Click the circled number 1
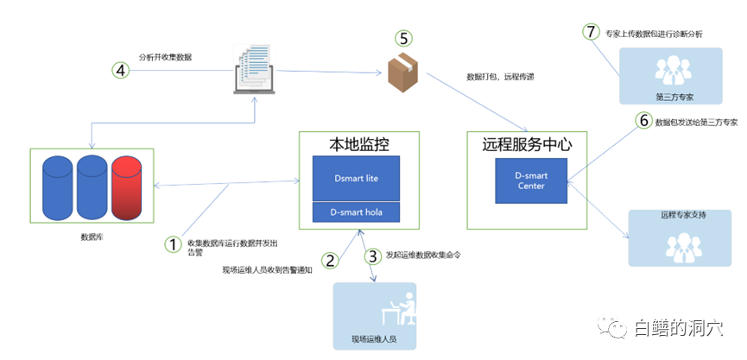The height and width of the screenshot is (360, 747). pyautogui.click(x=174, y=244)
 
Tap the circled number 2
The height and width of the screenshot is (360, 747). pyautogui.click(x=329, y=259)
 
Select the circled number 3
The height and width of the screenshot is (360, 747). pyautogui.click(x=372, y=256)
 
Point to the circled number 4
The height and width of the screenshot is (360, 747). pyautogui.click(x=121, y=70)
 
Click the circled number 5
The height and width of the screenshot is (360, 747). pyautogui.click(x=404, y=38)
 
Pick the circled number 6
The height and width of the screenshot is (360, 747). pyautogui.click(x=643, y=121)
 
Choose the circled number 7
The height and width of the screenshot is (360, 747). pyautogui.click(x=591, y=32)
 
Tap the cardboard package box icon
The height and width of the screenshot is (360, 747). pyautogui.click(x=402, y=73)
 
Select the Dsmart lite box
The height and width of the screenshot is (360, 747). pyautogui.click(x=357, y=179)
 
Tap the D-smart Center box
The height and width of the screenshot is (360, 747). pyautogui.click(x=532, y=180)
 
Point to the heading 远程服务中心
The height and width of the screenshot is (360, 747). pyautogui.click(x=527, y=144)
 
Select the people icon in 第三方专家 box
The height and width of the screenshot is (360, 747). pyautogui.click(x=668, y=70)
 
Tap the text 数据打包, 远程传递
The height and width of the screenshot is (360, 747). pyautogui.click(x=500, y=78)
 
